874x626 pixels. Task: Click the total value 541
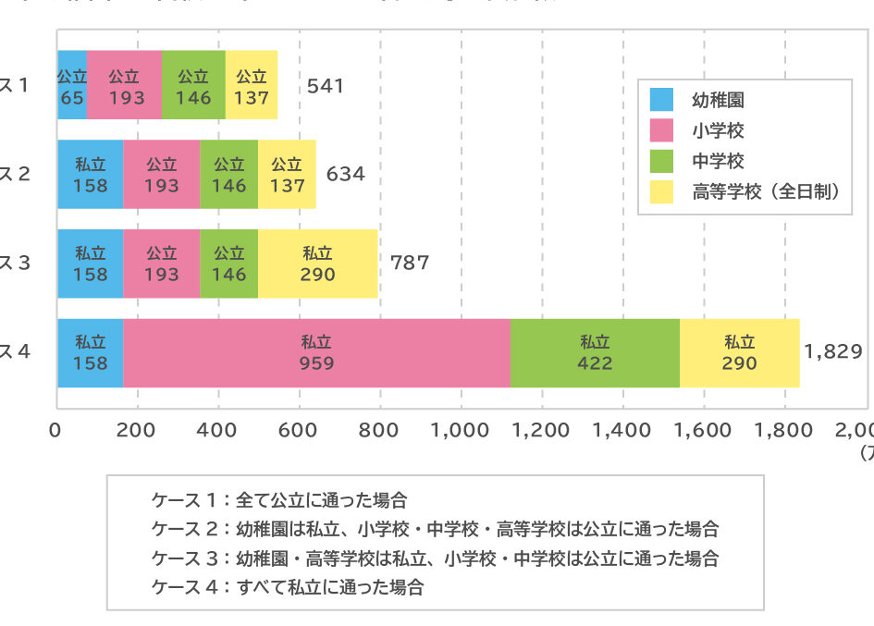click(x=326, y=86)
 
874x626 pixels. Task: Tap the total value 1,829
click(x=833, y=351)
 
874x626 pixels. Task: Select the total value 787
click(x=410, y=263)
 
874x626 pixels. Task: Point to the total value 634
click(x=345, y=174)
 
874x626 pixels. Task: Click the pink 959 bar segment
click(x=315, y=352)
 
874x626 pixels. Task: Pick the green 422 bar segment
click(x=594, y=352)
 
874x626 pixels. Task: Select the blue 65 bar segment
click(x=71, y=86)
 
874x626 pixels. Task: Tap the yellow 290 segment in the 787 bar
click(x=317, y=264)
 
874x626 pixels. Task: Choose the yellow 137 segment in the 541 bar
click(x=251, y=86)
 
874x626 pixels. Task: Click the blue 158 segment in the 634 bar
click(x=90, y=175)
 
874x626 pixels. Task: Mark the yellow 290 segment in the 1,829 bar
click(x=739, y=352)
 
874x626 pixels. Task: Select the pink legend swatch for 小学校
click(x=663, y=131)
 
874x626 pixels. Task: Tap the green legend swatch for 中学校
click(x=663, y=162)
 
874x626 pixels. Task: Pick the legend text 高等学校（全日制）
click(x=765, y=192)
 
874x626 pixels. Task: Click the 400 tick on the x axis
click(x=218, y=429)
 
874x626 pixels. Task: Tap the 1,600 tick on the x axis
click(x=704, y=429)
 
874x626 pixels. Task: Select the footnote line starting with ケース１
click(x=279, y=500)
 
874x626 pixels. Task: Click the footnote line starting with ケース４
click(x=288, y=586)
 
